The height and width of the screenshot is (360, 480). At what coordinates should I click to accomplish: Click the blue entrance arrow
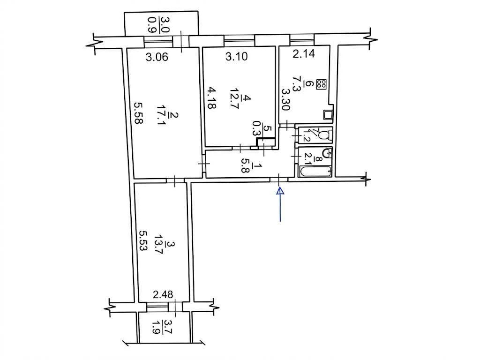click(280, 204)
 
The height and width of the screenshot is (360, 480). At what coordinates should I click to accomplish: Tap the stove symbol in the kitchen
click(322, 84)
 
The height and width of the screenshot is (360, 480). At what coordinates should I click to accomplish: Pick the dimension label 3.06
click(157, 57)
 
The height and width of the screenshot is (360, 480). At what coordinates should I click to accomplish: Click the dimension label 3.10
click(236, 56)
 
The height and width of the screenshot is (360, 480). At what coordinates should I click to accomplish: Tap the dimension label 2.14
click(304, 54)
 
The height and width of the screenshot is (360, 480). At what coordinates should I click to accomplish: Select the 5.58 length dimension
click(139, 112)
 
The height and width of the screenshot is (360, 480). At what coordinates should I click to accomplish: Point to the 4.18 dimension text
click(211, 97)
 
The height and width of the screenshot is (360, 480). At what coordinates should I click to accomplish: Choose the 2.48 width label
click(163, 294)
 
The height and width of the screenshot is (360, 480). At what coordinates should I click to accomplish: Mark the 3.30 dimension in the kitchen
click(286, 99)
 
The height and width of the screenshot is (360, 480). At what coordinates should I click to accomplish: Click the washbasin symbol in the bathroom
click(327, 152)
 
